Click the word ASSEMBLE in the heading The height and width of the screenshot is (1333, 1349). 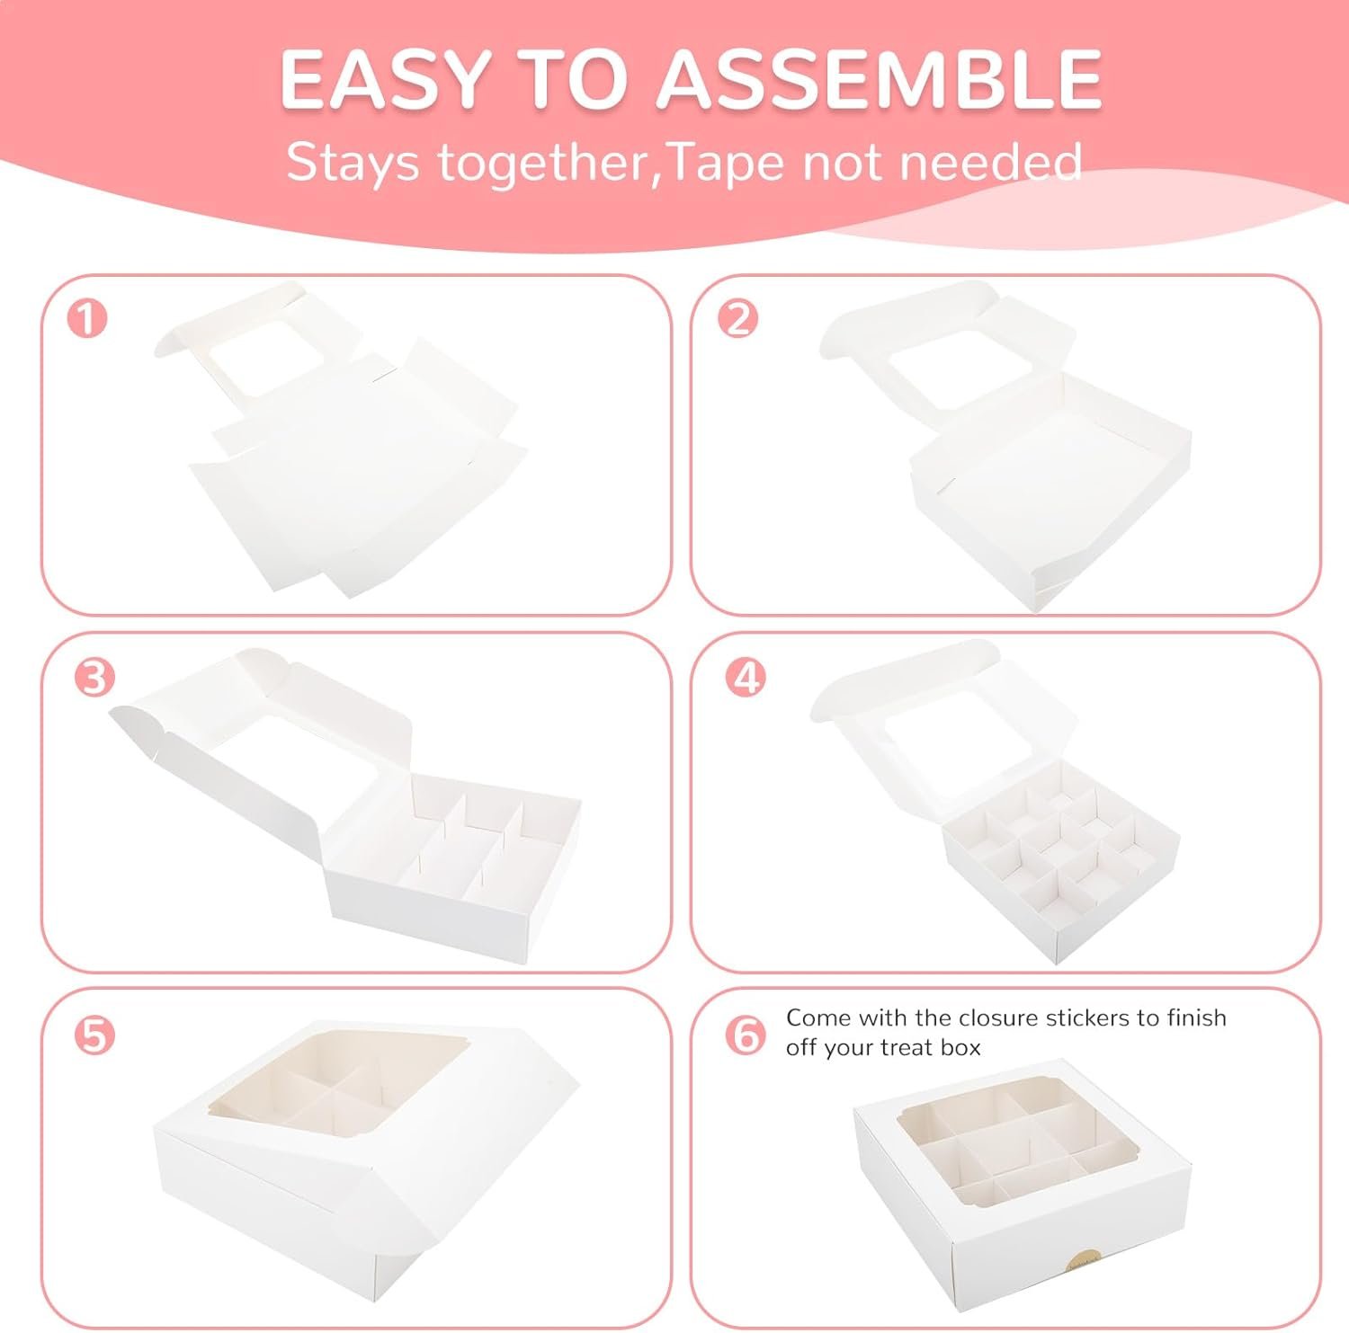pos(880,79)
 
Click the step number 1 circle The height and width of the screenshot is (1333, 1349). pos(87,318)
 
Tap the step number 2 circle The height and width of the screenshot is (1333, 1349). pos(738,318)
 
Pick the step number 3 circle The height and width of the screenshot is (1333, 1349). pos(95,678)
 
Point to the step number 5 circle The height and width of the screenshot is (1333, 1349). pos(95,1035)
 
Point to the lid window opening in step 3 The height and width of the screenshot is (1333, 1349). pos(306,755)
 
